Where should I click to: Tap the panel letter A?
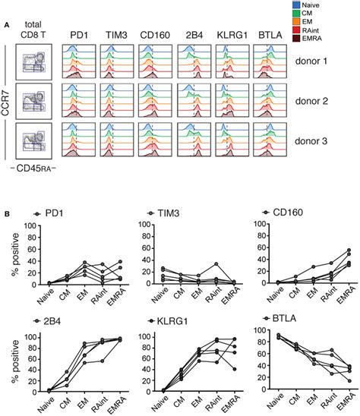tap(7, 24)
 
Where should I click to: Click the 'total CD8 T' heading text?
tap(33, 28)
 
